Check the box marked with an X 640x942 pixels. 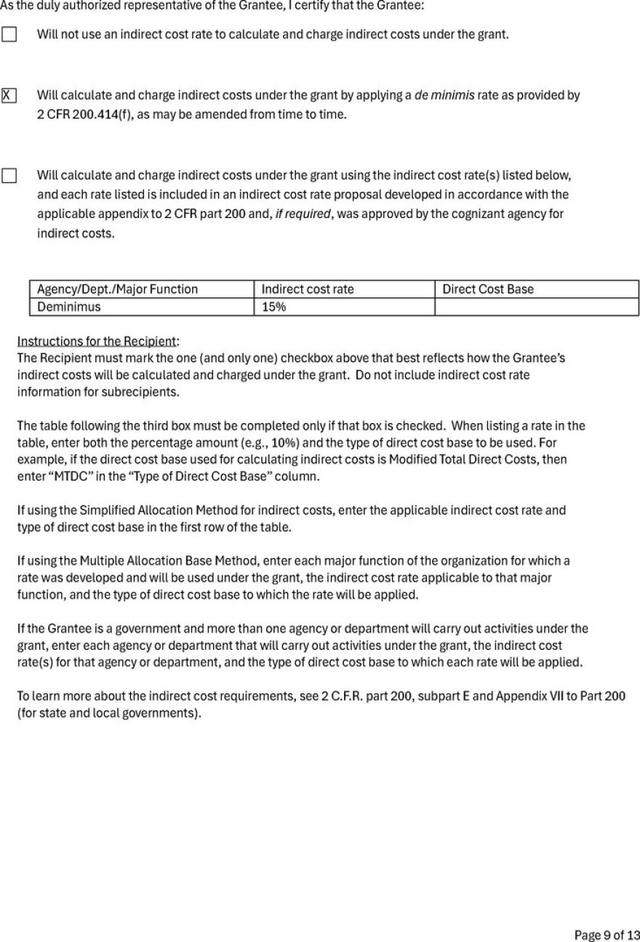pos(9,95)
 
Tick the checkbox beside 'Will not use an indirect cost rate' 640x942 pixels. pos(9,34)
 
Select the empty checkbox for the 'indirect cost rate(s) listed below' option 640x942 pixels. pos(9,176)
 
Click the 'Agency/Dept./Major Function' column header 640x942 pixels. pos(117,289)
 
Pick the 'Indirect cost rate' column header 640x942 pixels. pos(308,289)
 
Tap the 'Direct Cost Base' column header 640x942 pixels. pos(488,289)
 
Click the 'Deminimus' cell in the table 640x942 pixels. pos(69,307)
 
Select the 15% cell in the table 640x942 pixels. pos(273,307)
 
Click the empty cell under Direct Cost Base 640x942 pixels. pos(536,307)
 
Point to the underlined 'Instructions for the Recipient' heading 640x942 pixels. pos(97,341)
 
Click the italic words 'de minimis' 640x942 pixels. pos(444,95)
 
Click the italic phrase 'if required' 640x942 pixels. pos(303,214)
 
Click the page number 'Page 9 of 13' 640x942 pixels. pos(607,935)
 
